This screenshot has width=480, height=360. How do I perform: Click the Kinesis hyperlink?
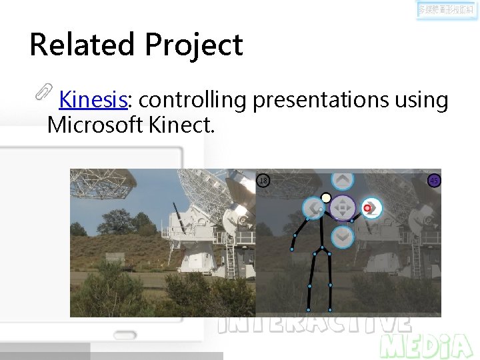click(93, 100)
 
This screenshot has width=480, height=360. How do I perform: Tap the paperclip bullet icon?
click(44, 92)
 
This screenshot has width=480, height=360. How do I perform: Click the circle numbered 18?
click(263, 181)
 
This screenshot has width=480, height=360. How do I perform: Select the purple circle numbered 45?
click(434, 181)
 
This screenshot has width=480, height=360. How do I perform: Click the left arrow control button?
click(313, 208)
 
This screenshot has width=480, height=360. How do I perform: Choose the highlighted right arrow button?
click(371, 208)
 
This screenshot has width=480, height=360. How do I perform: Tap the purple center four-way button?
click(343, 207)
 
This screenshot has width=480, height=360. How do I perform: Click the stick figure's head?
click(326, 197)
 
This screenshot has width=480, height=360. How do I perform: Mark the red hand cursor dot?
click(367, 209)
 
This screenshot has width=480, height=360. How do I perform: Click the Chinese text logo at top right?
click(447, 11)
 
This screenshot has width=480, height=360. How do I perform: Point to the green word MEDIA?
click(427, 345)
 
